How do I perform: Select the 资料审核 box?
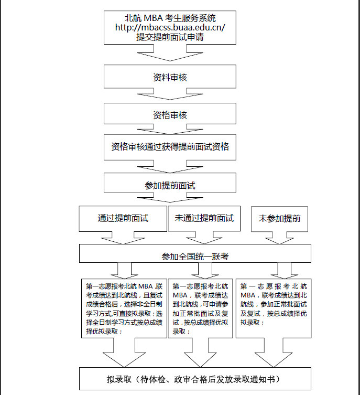(x=170, y=78)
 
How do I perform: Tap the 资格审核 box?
(x=170, y=115)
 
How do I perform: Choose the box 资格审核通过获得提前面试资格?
(x=170, y=146)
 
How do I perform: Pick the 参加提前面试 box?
(x=170, y=185)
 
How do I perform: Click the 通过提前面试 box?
(x=123, y=218)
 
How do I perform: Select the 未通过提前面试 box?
(x=204, y=218)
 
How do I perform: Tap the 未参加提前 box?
(x=279, y=218)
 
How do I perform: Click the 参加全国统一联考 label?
(x=195, y=257)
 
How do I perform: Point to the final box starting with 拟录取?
(x=195, y=379)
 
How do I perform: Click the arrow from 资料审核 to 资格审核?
(x=170, y=95)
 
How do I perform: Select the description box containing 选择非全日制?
(x=124, y=309)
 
